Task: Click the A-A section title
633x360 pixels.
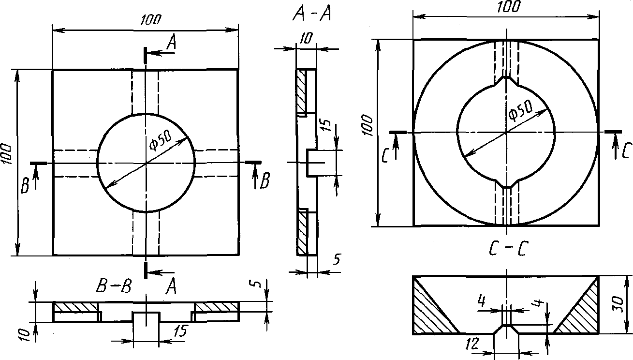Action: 311,15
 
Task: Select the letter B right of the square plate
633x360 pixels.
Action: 265,181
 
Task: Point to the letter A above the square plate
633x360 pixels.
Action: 171,44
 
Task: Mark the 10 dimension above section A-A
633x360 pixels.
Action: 305,39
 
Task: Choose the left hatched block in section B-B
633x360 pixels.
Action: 75,307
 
